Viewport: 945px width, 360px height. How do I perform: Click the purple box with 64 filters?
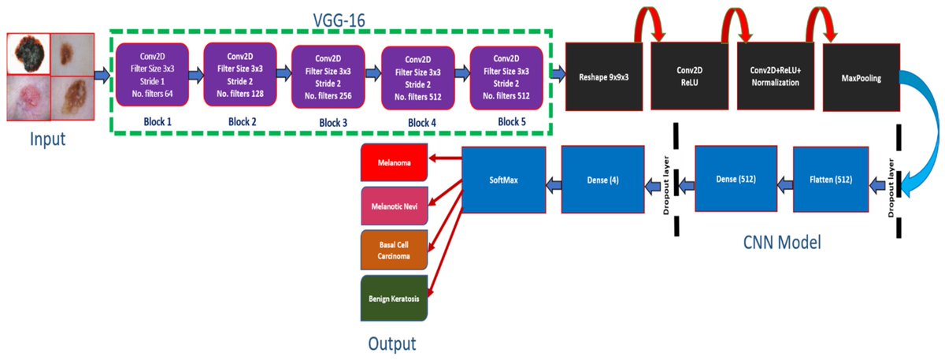click(152, 75)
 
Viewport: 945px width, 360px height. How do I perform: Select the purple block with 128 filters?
click(240, 74)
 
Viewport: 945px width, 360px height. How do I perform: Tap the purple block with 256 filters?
click(328, 77)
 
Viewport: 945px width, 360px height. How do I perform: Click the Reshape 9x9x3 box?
click(604, 77)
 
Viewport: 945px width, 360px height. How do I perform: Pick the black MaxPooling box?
click(862, 78)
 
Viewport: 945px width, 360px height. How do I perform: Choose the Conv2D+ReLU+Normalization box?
click(776, 76)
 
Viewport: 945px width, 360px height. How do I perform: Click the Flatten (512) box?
click(831, 180)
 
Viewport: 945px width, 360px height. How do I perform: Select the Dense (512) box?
click(736, 179)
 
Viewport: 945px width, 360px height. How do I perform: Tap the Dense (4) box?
click(603, 180)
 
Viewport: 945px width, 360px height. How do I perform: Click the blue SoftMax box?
click(504, 180)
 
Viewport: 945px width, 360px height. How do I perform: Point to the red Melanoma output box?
click(394, 162)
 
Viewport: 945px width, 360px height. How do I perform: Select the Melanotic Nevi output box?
click(395, 206)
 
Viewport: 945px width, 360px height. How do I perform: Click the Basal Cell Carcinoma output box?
click(394, 250)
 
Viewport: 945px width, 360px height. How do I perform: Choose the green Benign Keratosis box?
click(394, 299)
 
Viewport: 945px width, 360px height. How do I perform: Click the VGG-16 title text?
click(339, 20)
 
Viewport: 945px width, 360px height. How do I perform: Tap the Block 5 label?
click(512, 122)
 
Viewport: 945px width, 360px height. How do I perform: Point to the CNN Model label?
click(782, 243)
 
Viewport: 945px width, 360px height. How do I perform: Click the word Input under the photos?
click(48, 139)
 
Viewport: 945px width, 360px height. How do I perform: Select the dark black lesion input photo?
click(28, 54)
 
